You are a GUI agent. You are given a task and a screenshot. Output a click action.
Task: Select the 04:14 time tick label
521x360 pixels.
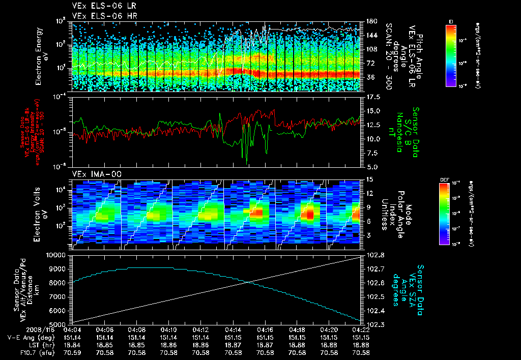tap(233, 329)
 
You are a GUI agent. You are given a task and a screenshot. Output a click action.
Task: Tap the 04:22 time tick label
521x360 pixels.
tap(361, 329)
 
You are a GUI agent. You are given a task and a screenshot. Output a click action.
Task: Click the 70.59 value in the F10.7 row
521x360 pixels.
tap(73, 352)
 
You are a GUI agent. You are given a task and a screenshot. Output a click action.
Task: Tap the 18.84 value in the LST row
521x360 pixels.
tap(73, 344)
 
